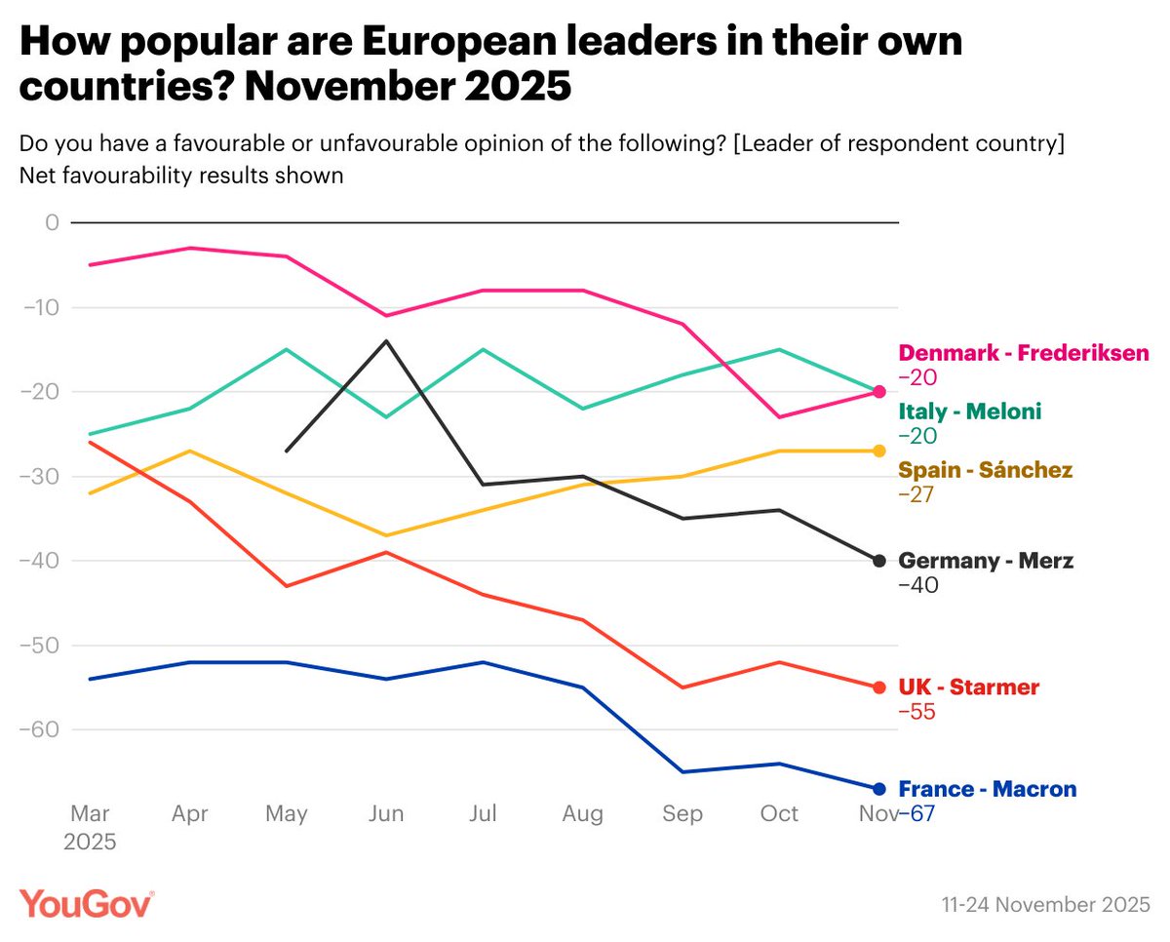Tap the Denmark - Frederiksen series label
(1024, 353)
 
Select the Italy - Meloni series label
(969, 412)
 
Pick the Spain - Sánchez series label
(985, 470)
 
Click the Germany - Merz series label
(986, 561)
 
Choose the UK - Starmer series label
(968, 687)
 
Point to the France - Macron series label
(988, 789)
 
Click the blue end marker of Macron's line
(878, 789)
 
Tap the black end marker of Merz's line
(878, 561)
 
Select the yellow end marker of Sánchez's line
(878, 451)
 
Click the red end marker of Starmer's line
(878, 687)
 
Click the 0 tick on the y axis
(52, 222)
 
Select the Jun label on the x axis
(386, 814)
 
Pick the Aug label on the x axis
(583, 814)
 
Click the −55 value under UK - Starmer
(916, 713)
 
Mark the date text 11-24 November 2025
(1045, 905)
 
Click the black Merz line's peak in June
(386, 341)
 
